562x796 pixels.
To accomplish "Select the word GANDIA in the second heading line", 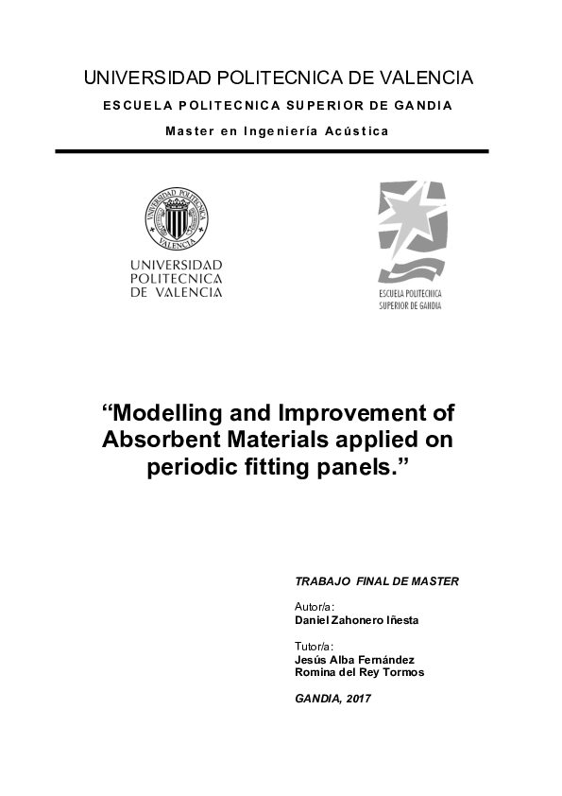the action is pos(422,105).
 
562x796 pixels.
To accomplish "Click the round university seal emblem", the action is pos(176,216).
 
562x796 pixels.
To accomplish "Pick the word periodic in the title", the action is pos(190,467).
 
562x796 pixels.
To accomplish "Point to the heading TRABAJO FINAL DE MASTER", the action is pos(377,581).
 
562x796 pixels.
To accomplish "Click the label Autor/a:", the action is pos(315,606).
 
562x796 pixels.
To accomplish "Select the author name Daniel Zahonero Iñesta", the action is pos(357,620).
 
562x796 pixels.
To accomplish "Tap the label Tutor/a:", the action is pos(315,646).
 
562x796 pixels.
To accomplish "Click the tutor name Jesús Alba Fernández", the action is pos(355,659).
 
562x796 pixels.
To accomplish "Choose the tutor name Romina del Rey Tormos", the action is pos(360,672).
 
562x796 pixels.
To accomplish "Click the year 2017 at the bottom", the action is pos(358,698).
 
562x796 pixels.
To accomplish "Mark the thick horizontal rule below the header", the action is pos(271,151).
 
